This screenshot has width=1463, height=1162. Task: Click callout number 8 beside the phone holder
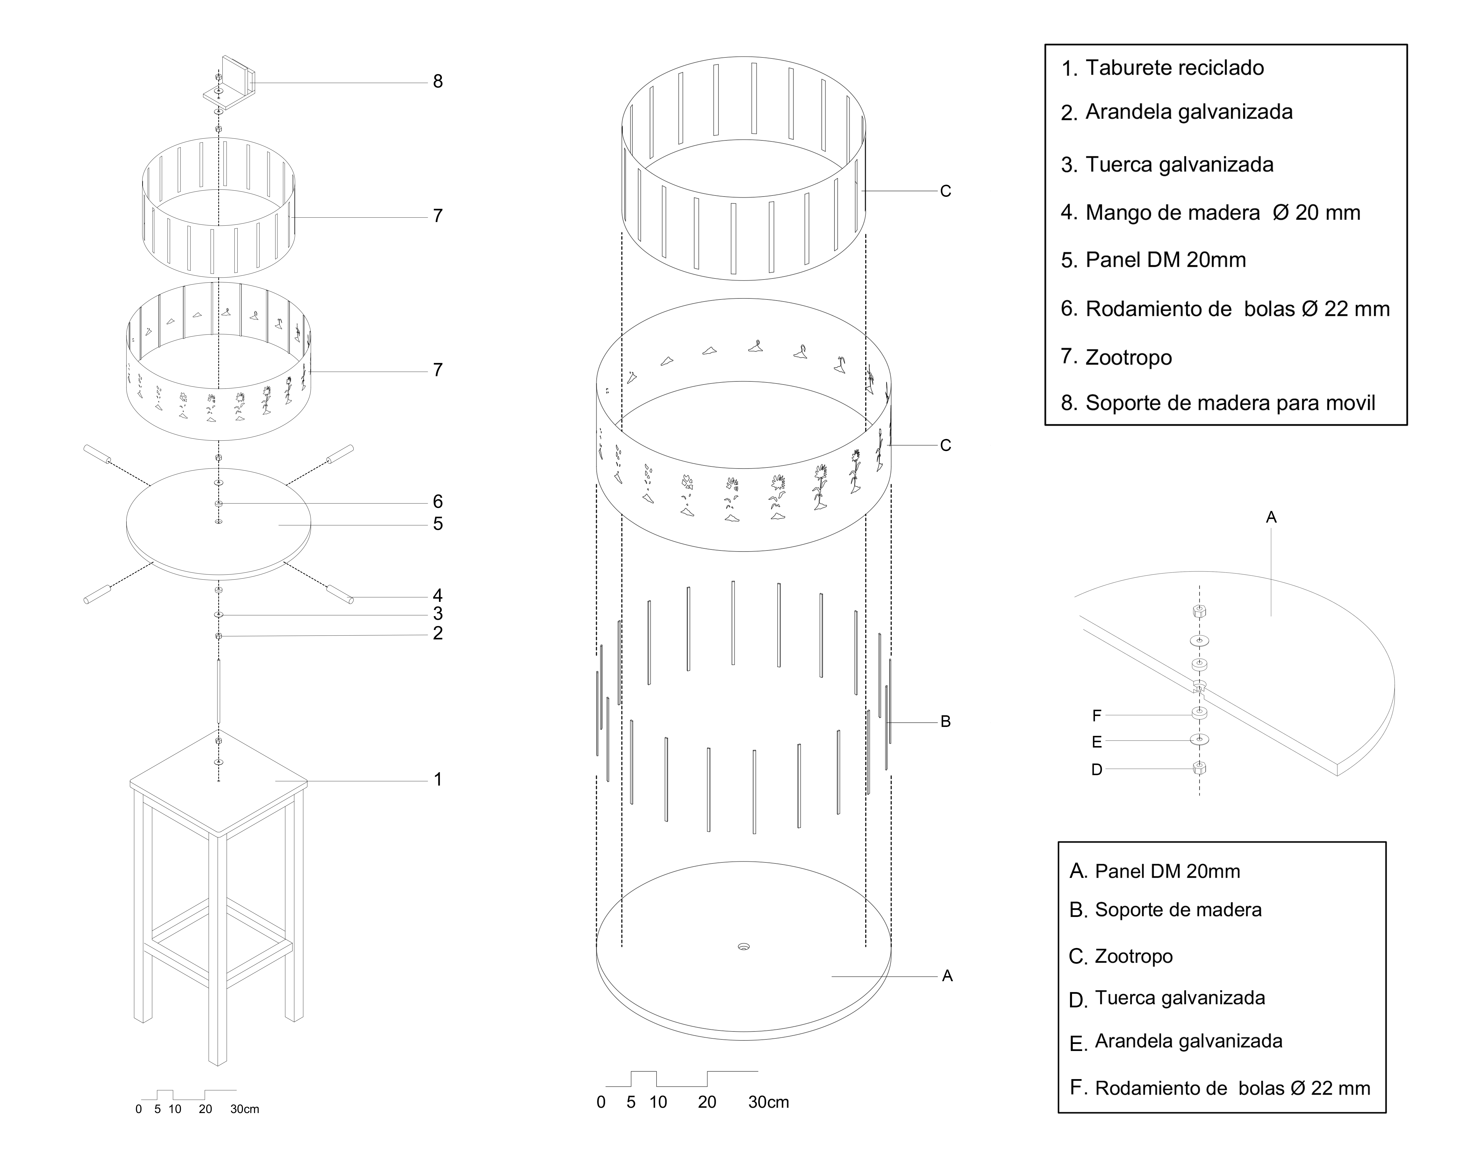pyautogui.click(x=438, y=81)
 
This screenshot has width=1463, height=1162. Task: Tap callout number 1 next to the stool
pyautogui.click(x=438, y=779)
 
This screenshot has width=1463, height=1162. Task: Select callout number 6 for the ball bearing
pyautogui.click(x=438, y=501)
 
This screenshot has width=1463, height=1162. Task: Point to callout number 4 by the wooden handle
pyautogui.click(x=438, y=595)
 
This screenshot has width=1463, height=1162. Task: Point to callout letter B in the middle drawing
pyautogui.click(x=945, y=722)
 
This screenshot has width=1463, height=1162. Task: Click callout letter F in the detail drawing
pyautogui.click(x=1096, y=715)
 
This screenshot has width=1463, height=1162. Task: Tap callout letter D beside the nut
pyautogui.click(x=1096, y=770)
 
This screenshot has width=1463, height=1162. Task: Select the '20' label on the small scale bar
pyautogui.click(x=205, y=1109)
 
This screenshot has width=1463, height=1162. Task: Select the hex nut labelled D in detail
pyautogui.click(x=1199, y=768)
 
